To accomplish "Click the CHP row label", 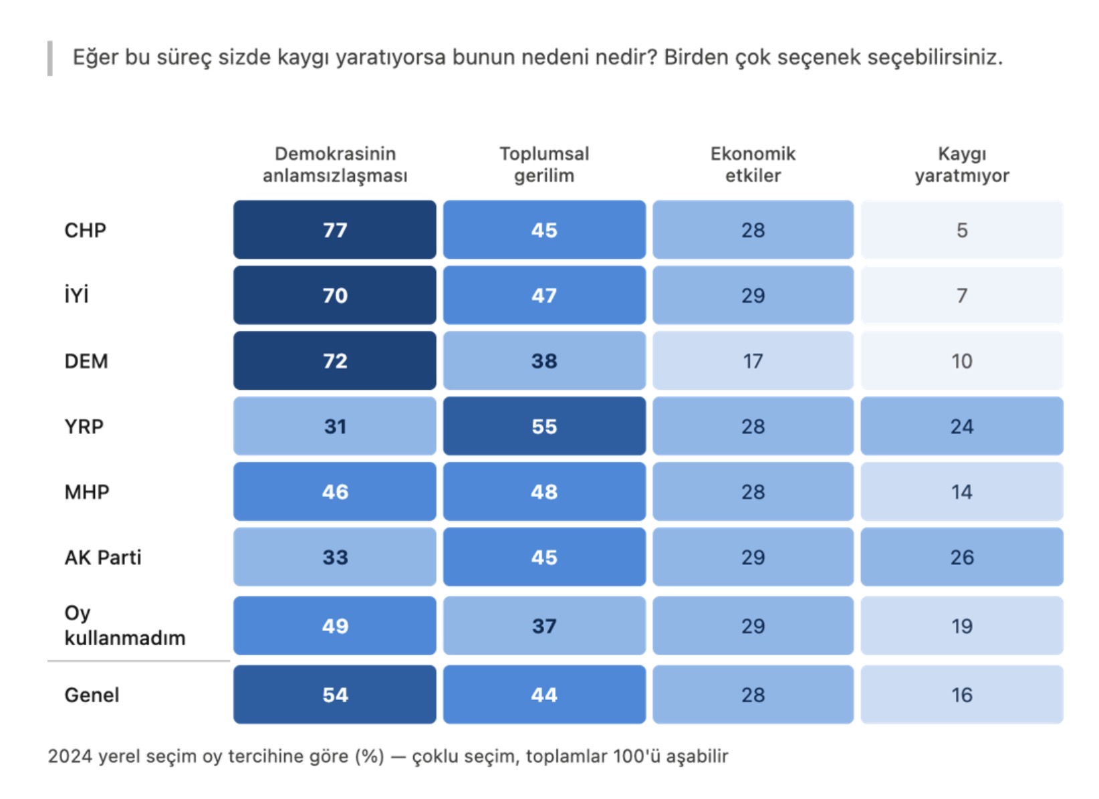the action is [x=86, y=230].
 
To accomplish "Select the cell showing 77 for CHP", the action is [x=335, y=230].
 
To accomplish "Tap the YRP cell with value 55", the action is [x=544, y=426].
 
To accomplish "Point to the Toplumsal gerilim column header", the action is [x=544, y=165].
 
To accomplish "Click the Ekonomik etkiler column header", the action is [x=753, y=165].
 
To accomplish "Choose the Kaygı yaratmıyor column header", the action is [x=962, y=165].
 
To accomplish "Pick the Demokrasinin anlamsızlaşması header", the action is [x=335, y=165].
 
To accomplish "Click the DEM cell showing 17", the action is [x=753, y=361].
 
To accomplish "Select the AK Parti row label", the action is [x=103, y=558].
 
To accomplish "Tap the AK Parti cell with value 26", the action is [x=962, y=557].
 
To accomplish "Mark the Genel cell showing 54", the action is [x=335, y=695].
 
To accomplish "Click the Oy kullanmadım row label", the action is [x=125, y=626].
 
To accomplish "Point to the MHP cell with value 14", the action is [x=962, y=491].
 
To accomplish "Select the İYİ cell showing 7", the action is [x=962, y=295].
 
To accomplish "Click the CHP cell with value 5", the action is [x=962, y=230].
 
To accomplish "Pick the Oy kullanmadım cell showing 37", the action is [x=544, y=626].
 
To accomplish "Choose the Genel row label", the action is [x=92, y=695].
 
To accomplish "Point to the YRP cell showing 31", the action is [x=335, y=426].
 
